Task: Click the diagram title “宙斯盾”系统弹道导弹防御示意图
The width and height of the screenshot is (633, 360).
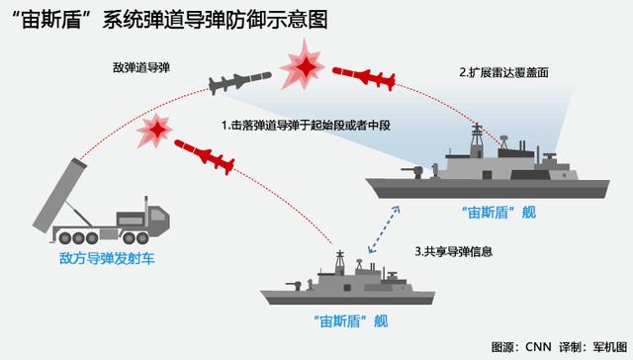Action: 170,20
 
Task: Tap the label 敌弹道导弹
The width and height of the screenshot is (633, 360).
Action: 141,68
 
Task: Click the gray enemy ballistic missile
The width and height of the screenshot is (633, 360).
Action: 239,82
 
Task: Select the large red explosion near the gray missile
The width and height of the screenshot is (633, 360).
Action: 303,66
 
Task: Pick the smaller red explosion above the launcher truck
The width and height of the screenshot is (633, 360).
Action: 155,130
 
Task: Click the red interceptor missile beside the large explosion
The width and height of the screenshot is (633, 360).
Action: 364,78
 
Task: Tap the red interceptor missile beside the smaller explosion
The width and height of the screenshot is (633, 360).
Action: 205,156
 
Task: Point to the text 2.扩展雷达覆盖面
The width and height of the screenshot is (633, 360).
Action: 503,72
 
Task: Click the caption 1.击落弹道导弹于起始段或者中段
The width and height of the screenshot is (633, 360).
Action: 306,126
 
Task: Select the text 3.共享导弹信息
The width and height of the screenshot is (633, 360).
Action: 454,252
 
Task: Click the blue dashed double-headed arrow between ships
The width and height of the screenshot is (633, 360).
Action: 384,229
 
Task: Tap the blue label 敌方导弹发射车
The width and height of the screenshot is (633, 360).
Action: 107,259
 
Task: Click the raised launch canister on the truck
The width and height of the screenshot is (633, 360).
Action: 59,196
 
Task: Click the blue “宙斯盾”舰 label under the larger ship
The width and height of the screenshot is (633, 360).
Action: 498,213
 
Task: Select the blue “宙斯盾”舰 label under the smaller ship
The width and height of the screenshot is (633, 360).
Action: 351,321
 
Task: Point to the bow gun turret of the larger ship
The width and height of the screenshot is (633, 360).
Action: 413,172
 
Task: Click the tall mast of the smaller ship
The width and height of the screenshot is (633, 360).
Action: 340,261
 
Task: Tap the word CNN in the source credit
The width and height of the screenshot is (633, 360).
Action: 538,347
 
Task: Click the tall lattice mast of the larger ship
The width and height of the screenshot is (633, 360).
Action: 477,140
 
